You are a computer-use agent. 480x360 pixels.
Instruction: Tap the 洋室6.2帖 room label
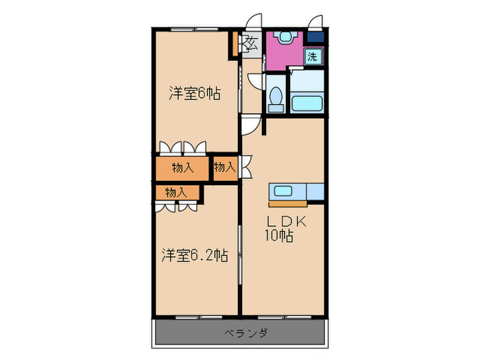(195, 256)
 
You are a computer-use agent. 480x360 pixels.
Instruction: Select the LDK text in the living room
(287, 222)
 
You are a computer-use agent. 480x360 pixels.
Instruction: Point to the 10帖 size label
(280, 237)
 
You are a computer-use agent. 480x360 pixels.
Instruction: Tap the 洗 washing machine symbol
(313, 58)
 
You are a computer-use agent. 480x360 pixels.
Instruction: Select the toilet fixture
(276, 97)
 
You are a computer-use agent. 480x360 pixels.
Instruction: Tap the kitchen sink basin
(284, 191)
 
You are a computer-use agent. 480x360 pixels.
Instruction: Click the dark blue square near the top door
(315, 38)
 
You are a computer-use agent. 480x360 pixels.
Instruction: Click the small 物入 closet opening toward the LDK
(224, 167)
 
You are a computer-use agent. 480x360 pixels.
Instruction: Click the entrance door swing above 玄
(254, 21)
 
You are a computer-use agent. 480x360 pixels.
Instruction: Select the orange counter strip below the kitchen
(288, 203)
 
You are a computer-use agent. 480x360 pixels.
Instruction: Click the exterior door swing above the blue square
(316, 21)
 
